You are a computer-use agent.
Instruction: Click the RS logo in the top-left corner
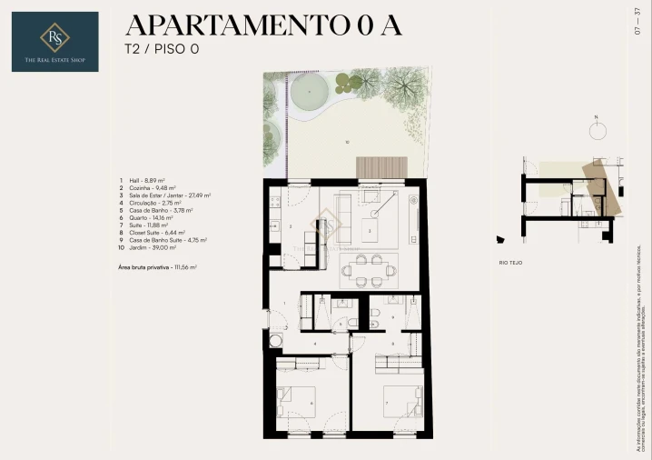(55, 41)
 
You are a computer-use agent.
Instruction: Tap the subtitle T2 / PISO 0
(162, 49)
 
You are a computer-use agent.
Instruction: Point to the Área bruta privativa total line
(158, 267)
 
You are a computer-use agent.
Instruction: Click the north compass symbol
(597, 129)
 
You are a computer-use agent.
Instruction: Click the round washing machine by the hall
(274, 342)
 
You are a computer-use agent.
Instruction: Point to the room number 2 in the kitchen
(290, 225)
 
